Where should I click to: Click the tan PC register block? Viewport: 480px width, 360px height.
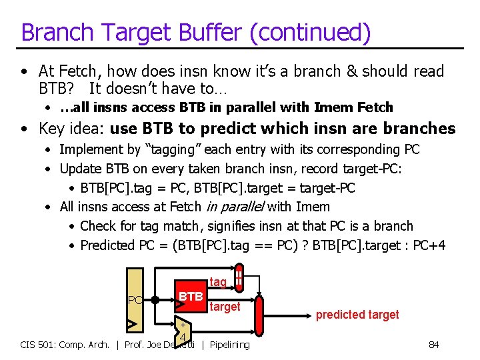(x=135, y=300)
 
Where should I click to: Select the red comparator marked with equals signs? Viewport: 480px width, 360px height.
(x=239, y=279)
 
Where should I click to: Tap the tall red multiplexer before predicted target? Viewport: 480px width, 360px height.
(x=260, y=317)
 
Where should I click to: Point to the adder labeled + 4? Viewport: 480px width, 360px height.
(x=181, y=331)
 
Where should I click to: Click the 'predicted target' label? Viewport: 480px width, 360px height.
(x=357, y=315)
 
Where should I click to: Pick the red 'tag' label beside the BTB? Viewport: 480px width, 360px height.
(x=218, y=283)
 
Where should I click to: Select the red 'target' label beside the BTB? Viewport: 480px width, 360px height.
(x=225, y=307)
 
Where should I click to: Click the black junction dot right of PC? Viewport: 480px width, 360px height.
(x=154, y=299)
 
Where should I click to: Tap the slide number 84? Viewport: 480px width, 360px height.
(x=433, y=345)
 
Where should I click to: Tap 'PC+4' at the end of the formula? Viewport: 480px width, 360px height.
(x=429, y=245)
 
